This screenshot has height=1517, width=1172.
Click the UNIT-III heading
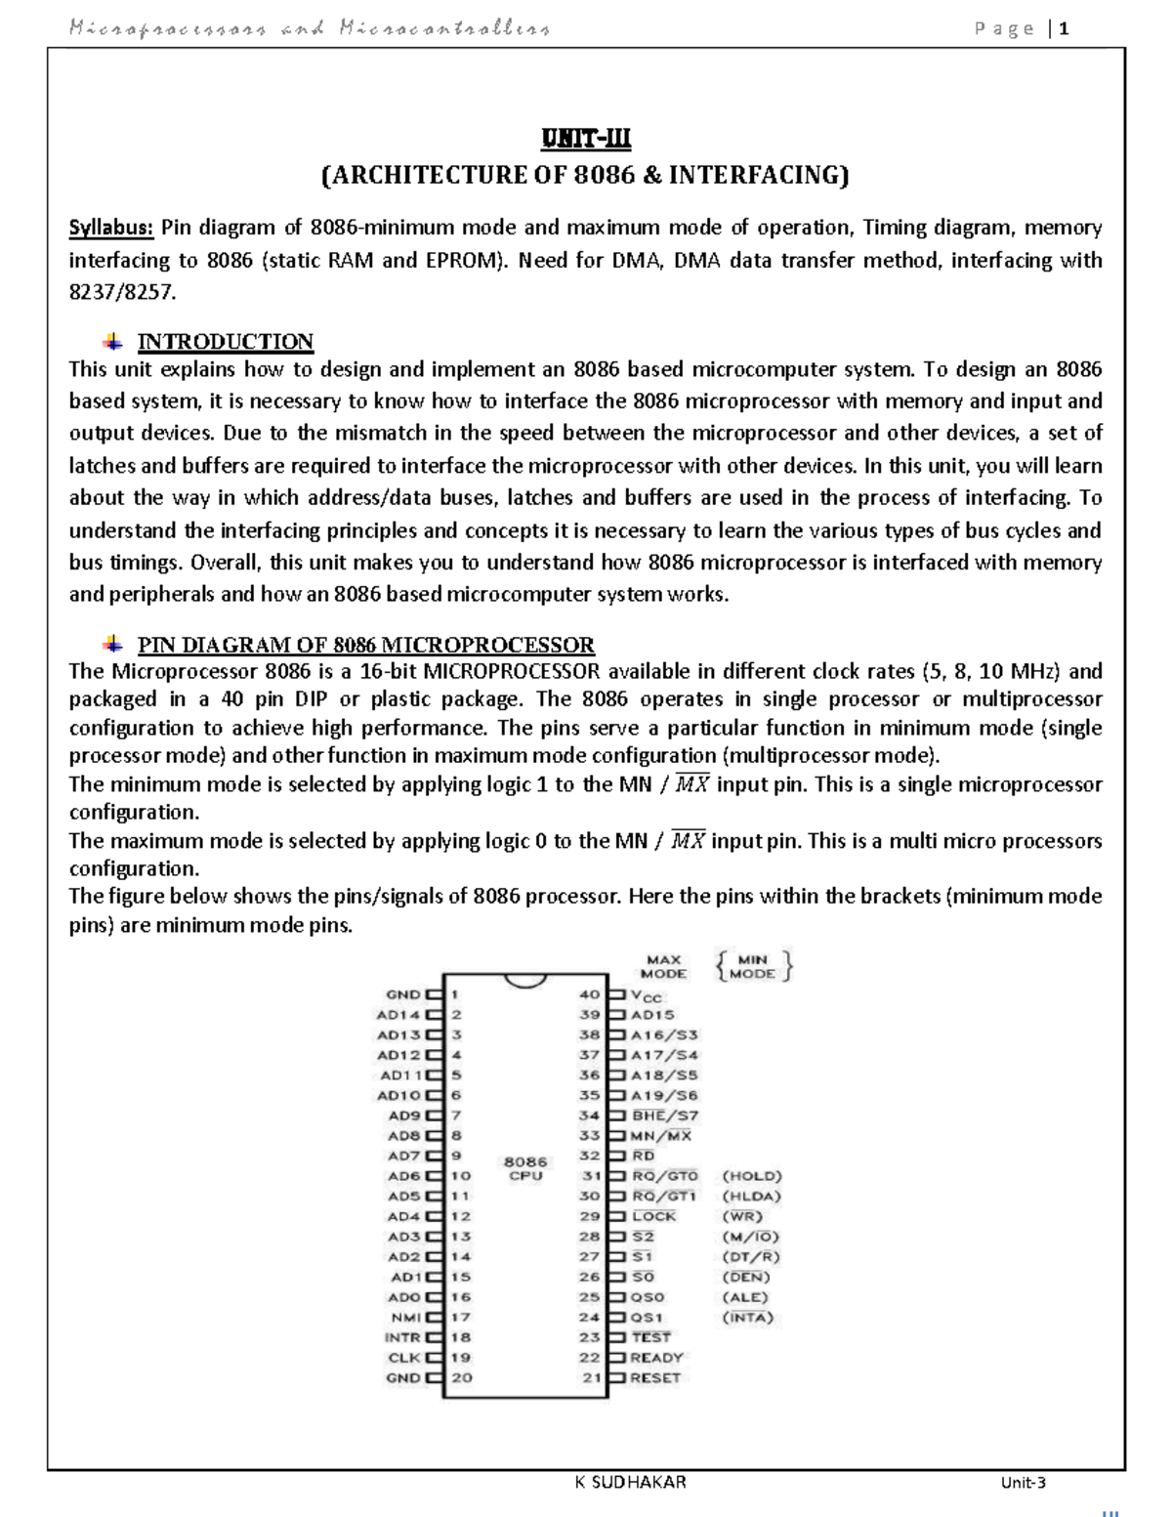pos(586,140)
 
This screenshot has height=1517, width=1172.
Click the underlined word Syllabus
pos(110,229)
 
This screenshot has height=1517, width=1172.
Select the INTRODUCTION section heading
pos(225,342)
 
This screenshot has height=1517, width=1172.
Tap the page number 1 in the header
pos(1064,28)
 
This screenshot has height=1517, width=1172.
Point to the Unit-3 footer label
pos(1023,1483)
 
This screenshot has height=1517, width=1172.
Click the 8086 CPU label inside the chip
pos(525,1168)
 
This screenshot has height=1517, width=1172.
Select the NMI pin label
pos(405,1317)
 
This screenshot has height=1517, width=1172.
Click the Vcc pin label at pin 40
pos(647,995)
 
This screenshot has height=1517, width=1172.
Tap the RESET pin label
pos(655,1377)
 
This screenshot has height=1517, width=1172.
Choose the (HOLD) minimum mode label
pos(751,1176)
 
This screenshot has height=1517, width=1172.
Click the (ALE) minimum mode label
pos(744,1297)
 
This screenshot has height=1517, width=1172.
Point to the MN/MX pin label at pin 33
pos(661,1136)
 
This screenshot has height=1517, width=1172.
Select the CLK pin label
pos(403,1357)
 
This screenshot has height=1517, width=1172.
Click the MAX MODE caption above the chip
pos(663,966)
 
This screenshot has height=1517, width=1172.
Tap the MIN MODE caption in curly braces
pos(753,966)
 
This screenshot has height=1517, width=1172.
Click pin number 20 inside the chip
pos(462,1377)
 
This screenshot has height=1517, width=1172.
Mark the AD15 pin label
pos(652,1015)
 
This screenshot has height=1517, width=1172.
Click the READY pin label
pos(656,1357)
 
